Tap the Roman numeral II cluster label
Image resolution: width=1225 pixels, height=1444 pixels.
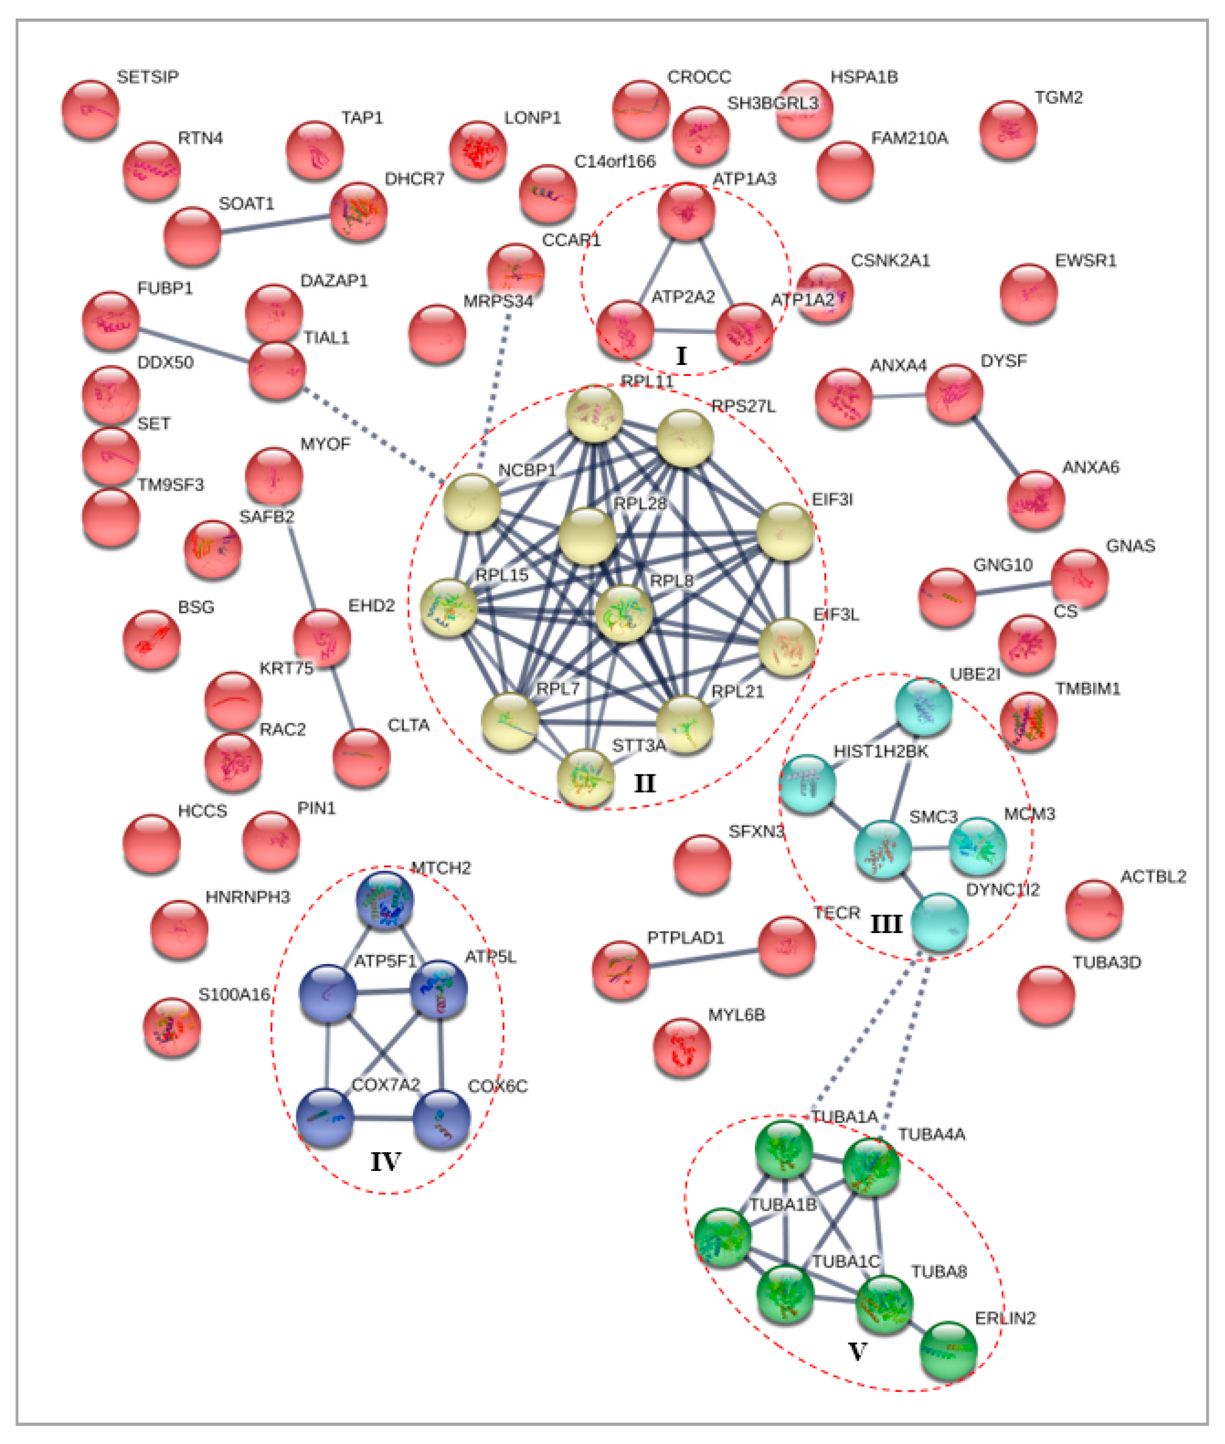click(644, 783)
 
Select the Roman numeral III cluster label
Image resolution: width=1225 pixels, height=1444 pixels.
click(886, 924)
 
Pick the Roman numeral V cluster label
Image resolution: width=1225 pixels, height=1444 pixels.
click(857, 1352)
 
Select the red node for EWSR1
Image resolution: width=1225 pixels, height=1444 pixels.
click(1028, 292)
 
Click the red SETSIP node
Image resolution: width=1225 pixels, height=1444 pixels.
click(90, 109)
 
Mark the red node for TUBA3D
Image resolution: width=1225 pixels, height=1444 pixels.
click(1046, 995)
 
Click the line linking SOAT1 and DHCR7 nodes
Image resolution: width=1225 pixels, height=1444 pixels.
click(276, 223)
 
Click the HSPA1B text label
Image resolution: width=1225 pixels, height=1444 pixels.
click(864, 77)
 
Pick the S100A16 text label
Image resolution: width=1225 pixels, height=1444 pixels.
click(234, 995)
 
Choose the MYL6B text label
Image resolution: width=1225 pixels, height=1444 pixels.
click(736, 1015)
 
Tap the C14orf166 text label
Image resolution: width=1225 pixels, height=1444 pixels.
click(614, 162)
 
